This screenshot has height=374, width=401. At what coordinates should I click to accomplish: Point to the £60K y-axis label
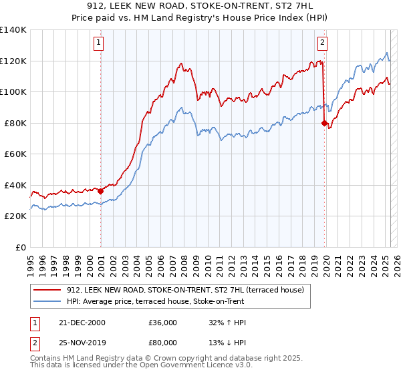coord(15,154)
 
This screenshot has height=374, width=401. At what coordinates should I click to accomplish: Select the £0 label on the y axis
coord(21,247)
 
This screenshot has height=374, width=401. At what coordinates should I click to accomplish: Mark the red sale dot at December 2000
coord(101,191)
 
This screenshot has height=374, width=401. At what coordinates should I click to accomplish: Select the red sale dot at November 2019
coord(324,123)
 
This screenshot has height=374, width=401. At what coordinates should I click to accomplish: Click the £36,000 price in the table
coord(163,322)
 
